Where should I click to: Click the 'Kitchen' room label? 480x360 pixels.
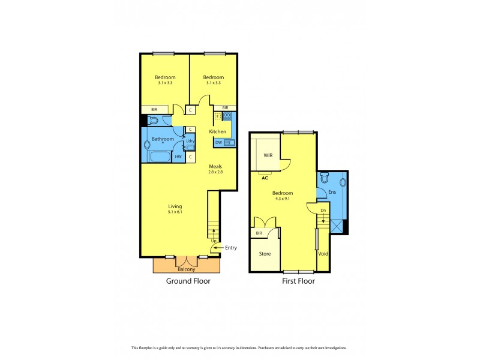point(217,131)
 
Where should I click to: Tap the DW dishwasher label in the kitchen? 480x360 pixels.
point(218,143)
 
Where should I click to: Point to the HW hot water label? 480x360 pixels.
point(178,157)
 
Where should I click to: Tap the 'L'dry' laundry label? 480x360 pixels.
point(190,141)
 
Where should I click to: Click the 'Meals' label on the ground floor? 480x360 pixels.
point(216,167)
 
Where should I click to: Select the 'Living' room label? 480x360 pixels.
point(175,206)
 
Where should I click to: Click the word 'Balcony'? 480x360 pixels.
point(186,269)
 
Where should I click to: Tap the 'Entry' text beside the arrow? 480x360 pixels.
point(231,247)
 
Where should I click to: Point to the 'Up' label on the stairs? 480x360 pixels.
point(214,241)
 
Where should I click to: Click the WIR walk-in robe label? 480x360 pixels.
point(268,155)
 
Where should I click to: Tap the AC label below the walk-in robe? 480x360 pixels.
point(265,177)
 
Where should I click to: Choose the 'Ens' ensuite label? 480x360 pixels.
point(332,192)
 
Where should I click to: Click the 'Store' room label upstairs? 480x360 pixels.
point(265,254)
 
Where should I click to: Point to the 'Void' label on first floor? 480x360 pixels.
point(323,254)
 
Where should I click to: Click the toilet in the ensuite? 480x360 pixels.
point(325,178)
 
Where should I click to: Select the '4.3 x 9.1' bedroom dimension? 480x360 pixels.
point(282,199)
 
